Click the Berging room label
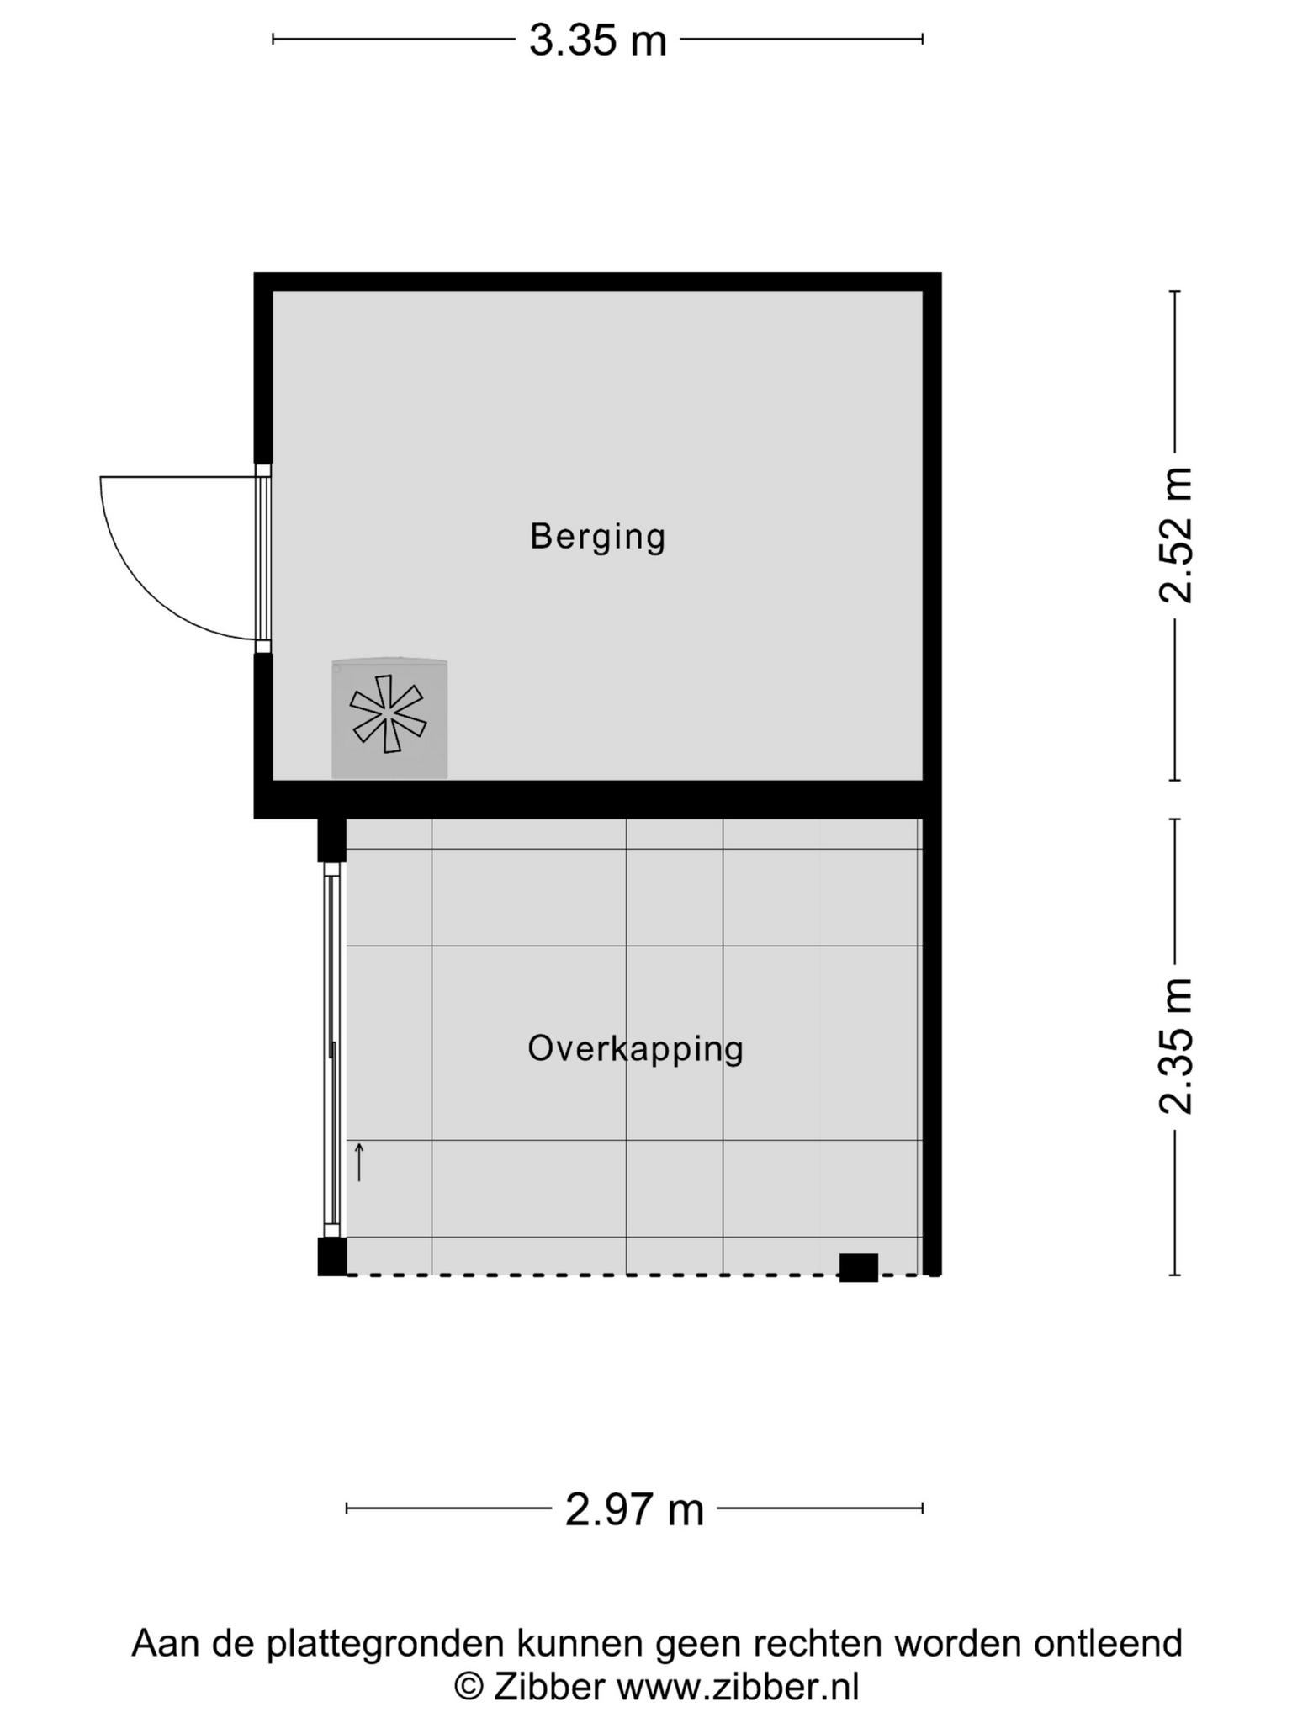(x=597, y=537)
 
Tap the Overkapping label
(x=635, y=1049)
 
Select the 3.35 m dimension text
(x=597, y=40)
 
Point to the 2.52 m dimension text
(x=1175, y=535)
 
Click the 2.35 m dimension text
(x=1175, y=1047)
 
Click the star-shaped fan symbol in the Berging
(x=387, y=713)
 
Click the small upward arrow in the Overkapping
(x=359, y=1162)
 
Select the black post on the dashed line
(x=858, y=1267)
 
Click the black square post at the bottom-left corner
(x=331, y=1257)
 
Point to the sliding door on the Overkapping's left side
(x=332, y=1049)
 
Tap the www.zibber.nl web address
(x=738, y=1687)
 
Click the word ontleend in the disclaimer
(x=1108, y=1642)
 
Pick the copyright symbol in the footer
(x=469, y=1687)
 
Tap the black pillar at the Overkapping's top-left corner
(x=331, y=840)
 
